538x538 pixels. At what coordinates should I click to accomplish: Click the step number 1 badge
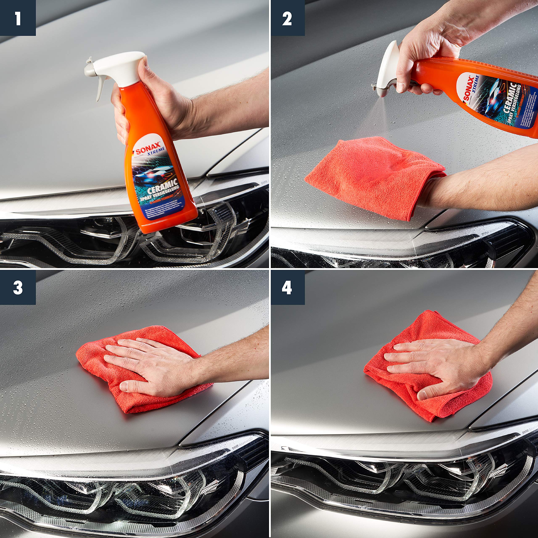(x=18, y=18)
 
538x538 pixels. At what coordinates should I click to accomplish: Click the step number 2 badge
(x=287, y=18)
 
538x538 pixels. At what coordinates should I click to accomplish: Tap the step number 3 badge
(x=18, y=287)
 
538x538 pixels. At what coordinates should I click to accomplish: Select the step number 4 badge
(x=287, y=287)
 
